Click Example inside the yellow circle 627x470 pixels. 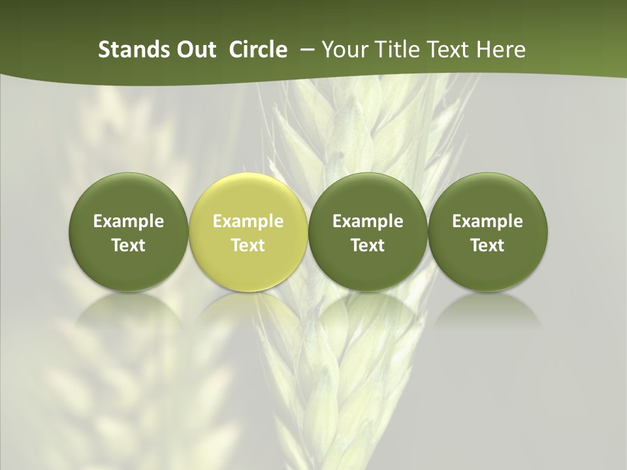coord(248,221)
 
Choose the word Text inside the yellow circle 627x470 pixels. coord(248,245)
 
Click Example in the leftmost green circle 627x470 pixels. coord(129,221)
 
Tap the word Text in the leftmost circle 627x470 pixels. coord(129,245)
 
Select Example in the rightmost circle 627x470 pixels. coord(487,221)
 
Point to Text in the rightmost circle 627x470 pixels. coord(487,245)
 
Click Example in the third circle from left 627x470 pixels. coord(368,221)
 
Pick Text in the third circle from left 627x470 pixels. coord(368,245)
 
